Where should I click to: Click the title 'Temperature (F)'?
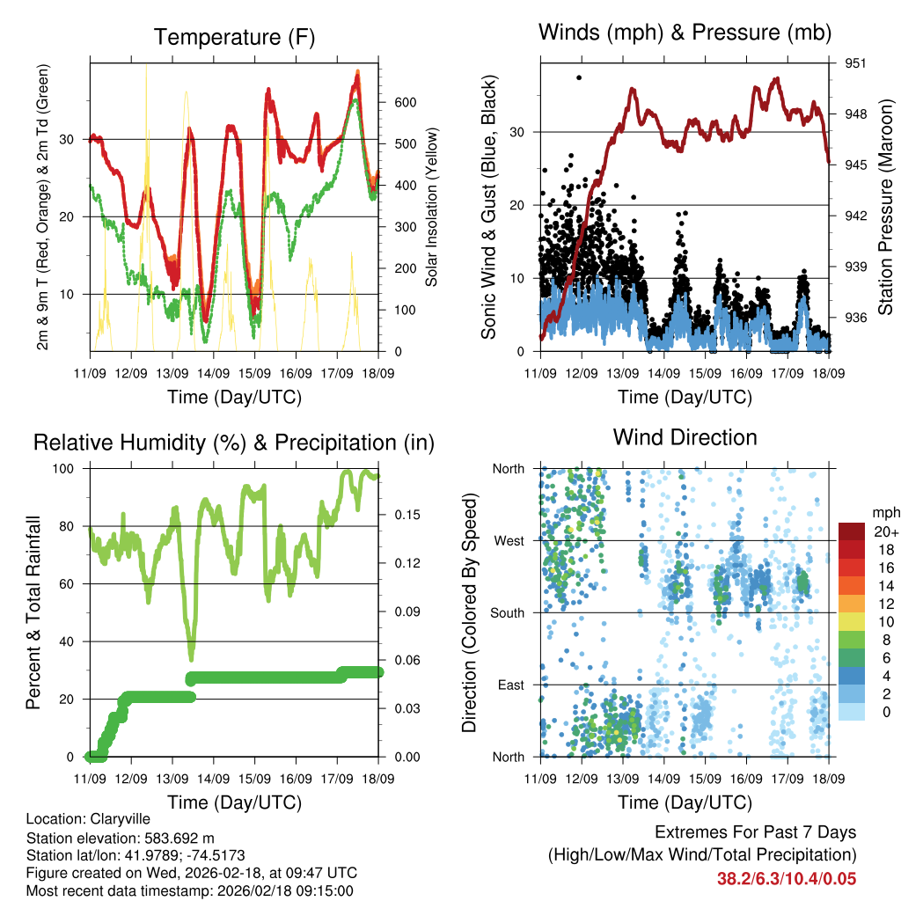pos(234,38)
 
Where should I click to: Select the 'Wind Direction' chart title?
pos(685,437)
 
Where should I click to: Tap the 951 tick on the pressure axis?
pos(856,63)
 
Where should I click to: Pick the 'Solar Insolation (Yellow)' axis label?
pos(432,208)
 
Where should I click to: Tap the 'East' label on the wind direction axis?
pos(509,685)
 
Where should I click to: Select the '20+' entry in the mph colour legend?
pos(885,531)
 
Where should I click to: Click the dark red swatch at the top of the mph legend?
pos(852,531)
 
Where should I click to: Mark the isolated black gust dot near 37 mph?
pos(578,77)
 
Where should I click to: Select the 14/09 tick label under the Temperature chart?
pos(213,374)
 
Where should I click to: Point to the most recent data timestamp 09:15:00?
pos(323,890)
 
